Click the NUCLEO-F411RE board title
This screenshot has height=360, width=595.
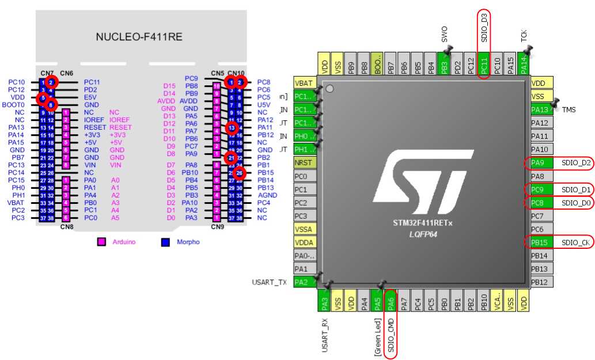[139, 37]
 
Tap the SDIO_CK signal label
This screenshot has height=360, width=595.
[575, 242]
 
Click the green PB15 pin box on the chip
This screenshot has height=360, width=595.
[541, 242]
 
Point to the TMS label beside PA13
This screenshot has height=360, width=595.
[569, 109]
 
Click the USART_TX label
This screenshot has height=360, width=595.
[269, 282]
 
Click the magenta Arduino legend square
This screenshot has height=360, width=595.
[101, 242]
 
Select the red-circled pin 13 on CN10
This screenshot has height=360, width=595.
[232, 127]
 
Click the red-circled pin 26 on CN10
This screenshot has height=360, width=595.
[240, 172]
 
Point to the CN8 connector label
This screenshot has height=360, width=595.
[66, 227]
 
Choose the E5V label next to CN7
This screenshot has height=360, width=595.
[90, 97]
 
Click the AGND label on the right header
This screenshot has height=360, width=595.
[267, 195]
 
